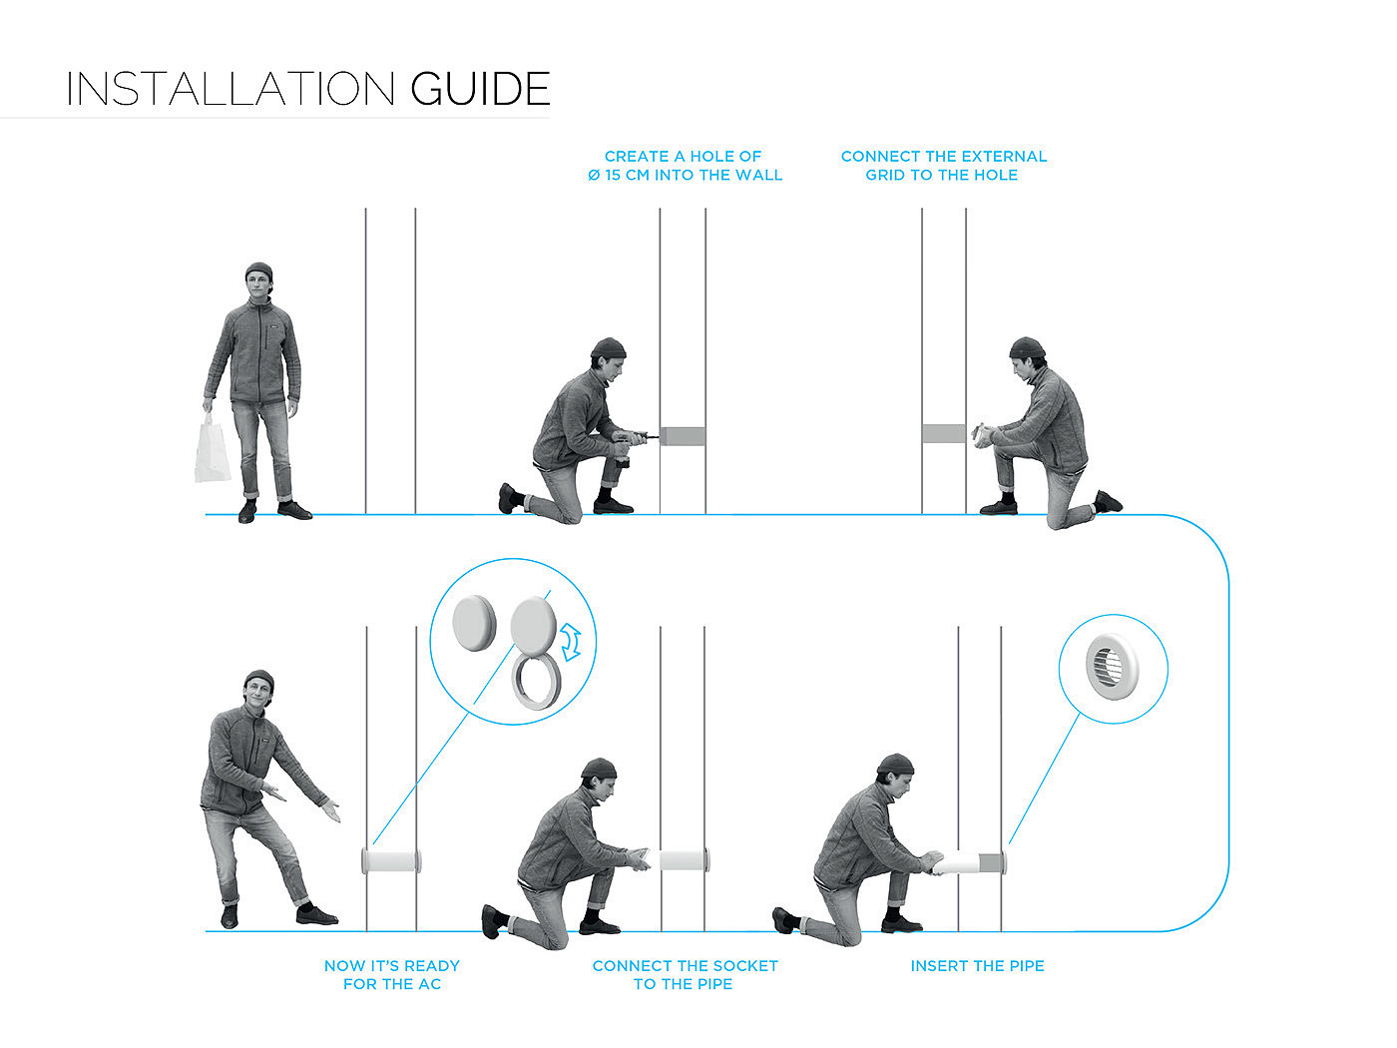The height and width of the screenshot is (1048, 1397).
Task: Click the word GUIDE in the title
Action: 480,89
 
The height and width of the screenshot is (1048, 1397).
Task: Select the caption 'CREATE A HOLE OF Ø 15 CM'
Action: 684,166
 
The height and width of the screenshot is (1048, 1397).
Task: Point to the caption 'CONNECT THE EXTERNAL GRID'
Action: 943,166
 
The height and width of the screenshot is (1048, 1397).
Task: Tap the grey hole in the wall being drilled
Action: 683,436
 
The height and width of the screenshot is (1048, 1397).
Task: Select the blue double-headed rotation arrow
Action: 572,642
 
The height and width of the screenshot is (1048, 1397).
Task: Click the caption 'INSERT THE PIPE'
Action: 977,966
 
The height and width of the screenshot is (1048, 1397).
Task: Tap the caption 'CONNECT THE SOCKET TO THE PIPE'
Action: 684,975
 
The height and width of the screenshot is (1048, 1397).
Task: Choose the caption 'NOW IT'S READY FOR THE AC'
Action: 391,975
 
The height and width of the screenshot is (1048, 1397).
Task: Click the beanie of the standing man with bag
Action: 258,270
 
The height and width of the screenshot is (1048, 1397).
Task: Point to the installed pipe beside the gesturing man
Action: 391,859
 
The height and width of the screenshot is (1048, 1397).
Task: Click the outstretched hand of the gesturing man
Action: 330,810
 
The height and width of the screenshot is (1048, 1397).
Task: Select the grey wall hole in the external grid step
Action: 943,433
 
